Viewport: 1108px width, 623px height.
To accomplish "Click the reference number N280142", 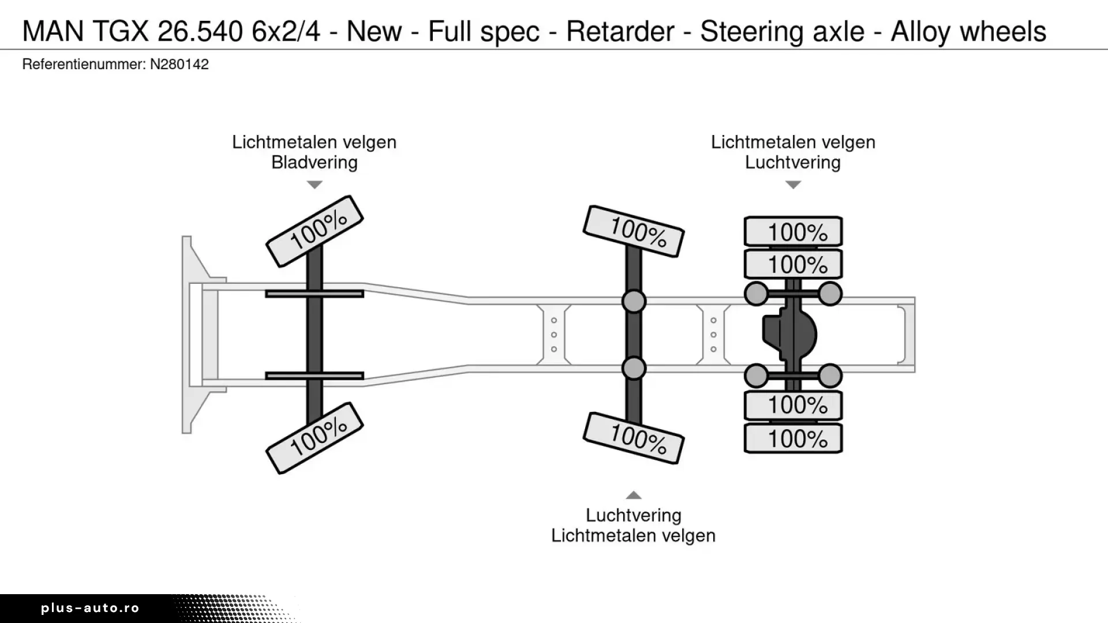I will click(x=179, y=64).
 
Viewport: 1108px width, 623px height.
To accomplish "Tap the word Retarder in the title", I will click(x=620, y=31).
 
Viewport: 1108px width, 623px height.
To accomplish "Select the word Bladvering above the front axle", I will click(x=315, y=162).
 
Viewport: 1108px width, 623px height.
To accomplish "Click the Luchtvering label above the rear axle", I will click(x=792, y=162).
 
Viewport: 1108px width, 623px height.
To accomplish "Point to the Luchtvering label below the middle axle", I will click(x=633, y=515).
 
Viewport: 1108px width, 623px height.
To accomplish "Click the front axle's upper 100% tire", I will click(x=315, y=231).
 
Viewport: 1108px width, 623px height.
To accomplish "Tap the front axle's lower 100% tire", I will click(x=315, y=438).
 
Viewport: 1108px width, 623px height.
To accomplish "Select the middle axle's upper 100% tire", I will click(x=634, y=231).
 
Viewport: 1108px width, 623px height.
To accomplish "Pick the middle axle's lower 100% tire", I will click(x=634, y=438).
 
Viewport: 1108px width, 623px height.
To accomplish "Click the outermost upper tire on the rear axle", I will click(x=793, y=232).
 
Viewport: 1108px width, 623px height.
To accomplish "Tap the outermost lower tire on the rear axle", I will click(x=793, y=439).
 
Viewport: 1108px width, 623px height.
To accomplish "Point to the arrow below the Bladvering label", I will click(x=315, y=185).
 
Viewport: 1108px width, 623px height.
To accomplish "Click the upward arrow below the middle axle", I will click(x=634, y=495).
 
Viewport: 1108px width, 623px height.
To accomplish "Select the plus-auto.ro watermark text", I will click(x=90, y=608).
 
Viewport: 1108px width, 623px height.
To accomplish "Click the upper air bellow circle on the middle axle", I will click(x=634, y=301).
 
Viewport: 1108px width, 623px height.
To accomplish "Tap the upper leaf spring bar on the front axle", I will click(x=315, y=294).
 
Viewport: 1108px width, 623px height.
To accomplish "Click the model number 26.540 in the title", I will click(x=200, y=31).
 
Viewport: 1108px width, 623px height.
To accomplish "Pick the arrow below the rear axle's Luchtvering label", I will click(x=793, y=185).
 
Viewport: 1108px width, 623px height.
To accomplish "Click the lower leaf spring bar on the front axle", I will click(x=315, y=376).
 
